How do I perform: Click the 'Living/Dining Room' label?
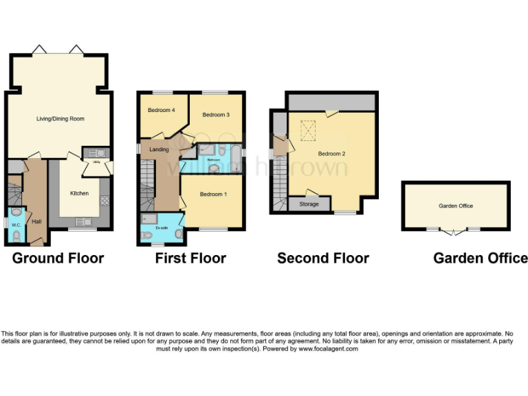pos(60,119)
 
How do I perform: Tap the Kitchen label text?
pos(79,193)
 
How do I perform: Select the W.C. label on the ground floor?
pos(15,223)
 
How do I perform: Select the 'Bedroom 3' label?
pos(216,115)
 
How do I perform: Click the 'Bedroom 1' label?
pos(213,195)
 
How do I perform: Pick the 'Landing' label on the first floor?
pos(159,149)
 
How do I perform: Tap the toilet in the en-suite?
pos(146,235)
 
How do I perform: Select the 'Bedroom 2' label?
pos(332,153)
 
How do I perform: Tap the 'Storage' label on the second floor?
pos(309,204)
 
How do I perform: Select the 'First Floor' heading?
pos(190,258)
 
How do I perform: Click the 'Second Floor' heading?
pos(323,258)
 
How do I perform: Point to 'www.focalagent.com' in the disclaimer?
pos(329,349)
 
